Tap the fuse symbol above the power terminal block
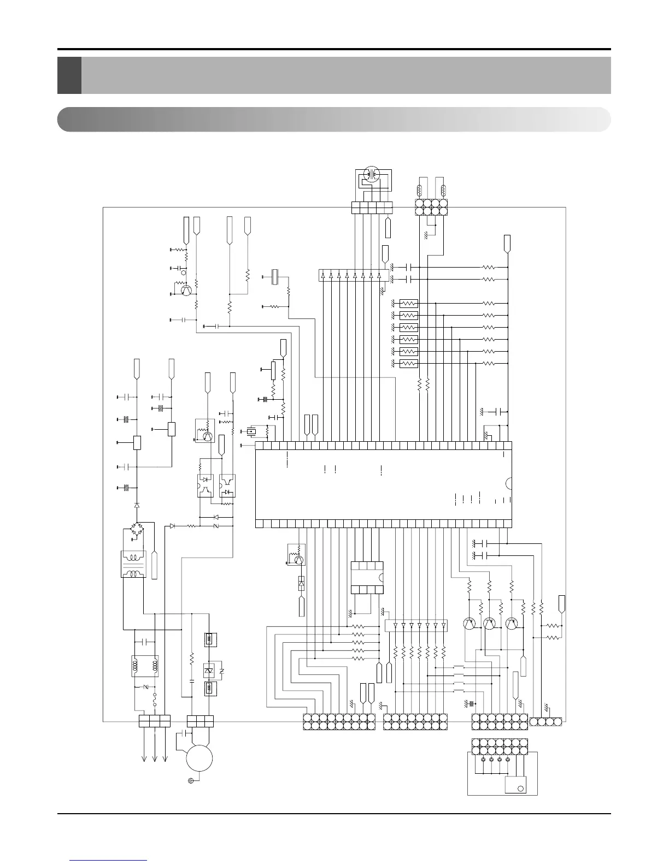click(155, 700)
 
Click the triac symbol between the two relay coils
click(208, 670)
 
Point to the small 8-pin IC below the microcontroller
click(366, 577)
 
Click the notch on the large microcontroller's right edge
click(509, 483)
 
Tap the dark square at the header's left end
click(69, 75)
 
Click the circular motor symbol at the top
click(372, 174)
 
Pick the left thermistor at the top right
click(419, 191)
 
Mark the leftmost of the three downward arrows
click(144, 751)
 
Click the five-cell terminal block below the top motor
click(372, 208)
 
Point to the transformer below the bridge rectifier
click(133, 564)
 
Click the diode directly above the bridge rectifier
click(137, 506)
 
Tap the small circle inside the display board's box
click(520, 788)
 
